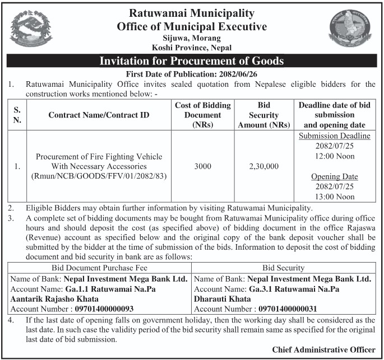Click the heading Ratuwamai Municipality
tap(192, 13)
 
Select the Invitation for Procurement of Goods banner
tap(192, 61)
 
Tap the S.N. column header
tap(17, 115)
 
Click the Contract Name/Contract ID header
tap(99, 115)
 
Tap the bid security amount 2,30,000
tap(263, 166)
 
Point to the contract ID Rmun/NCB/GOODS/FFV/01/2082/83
tap(99, 176)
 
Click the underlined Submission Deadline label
tap(334, 136)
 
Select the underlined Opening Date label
tap(334, 176)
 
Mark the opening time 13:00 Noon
tap(334, 197)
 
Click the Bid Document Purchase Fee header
tap(100, 268)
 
